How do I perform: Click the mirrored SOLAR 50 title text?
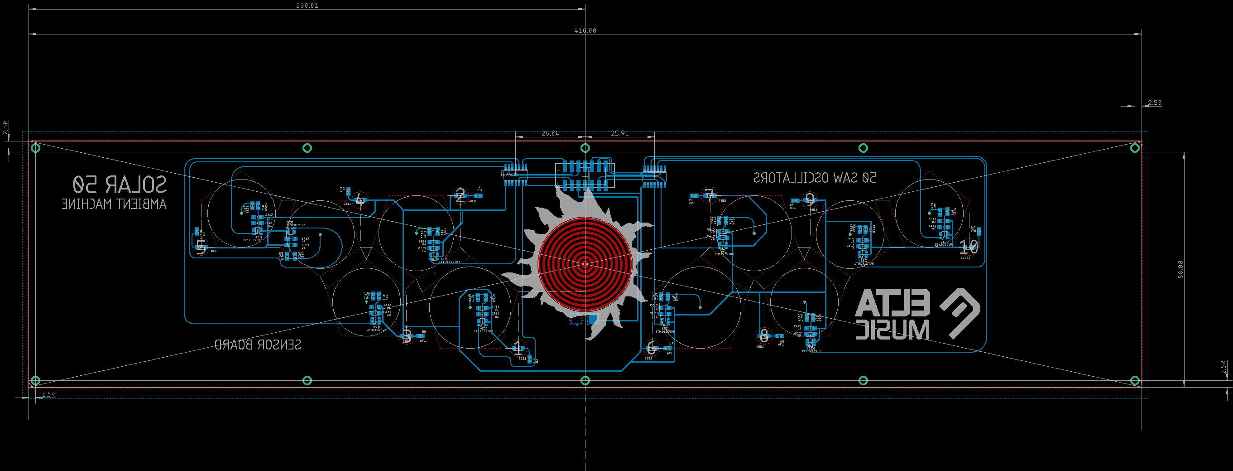(120, 184)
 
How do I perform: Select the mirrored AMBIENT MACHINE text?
(114, 204)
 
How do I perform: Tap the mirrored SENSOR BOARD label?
(258, 345)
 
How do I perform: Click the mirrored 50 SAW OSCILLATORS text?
(815, 178)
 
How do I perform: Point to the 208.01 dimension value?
(307, 5)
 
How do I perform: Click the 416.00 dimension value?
(585, 30)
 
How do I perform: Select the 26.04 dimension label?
(550, 133)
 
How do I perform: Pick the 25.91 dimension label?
(619, 133)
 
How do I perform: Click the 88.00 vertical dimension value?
(1180, 269)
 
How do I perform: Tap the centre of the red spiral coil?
(585, 264)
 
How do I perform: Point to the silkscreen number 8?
(764, 336)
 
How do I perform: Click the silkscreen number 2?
(460, 195)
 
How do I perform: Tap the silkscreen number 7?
(710, 195)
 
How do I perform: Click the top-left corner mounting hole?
(35, 148)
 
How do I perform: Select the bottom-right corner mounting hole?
(1134, 380)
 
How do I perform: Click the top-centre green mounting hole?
(585, 148)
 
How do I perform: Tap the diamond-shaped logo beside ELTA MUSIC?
(960, 313)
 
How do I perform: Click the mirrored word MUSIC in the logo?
(893, 330)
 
